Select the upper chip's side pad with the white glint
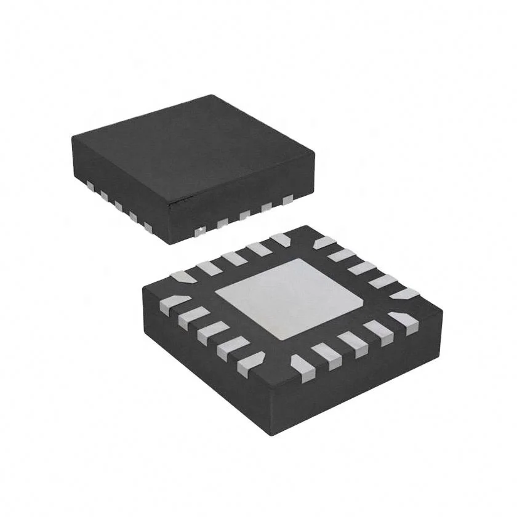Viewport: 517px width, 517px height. pyautogui.click(x=199, y=231)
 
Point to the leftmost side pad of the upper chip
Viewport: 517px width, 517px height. pyautogui.click(x=90, y=184)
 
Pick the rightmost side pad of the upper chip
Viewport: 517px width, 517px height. pyautogui.click(x=287, y=199)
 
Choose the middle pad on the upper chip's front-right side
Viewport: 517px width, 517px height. pyautogui.click(x=244, y=215)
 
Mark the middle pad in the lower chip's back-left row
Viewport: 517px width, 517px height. pyautogui.click(x=233, y=257)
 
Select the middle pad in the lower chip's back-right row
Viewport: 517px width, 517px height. pyautogui.click(x=362, y=268)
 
